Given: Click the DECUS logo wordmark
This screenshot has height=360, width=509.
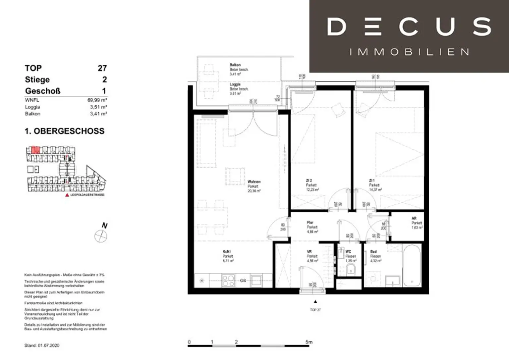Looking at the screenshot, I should click(409, 27).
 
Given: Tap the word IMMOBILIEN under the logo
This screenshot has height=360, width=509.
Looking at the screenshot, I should click(409, 52).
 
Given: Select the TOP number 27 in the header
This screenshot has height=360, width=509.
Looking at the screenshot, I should click(102, 68).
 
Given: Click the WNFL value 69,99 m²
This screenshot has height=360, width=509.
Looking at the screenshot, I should click(97, 100).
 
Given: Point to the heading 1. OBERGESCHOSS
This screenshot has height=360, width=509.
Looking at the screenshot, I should click(64, 131).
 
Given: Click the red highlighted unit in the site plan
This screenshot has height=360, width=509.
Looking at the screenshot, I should click(35, 150).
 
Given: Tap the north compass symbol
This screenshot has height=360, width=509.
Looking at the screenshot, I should click(101, 236).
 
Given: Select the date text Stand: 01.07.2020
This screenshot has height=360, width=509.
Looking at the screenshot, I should click(42, 345).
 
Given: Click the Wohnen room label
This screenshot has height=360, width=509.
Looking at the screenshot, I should click(254, 182).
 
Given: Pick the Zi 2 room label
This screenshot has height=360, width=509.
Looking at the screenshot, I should click(309, 181).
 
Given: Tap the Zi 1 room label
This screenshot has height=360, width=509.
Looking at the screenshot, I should click(372, 181).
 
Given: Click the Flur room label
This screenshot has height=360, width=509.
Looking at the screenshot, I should click(310, 223).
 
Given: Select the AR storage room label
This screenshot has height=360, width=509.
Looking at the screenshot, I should click(414, 219).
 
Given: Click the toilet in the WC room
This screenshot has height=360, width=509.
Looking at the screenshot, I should click(351, 270).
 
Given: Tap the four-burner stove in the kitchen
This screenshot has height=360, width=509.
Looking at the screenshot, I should click(228, 281).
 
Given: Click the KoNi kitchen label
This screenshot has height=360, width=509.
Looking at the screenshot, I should click(226, 252).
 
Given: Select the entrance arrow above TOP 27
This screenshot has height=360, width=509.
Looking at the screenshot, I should click(315, 302).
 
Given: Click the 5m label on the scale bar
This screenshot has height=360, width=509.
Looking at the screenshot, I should click(309, 342).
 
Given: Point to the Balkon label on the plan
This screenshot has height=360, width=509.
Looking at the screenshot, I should click(235, 65).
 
